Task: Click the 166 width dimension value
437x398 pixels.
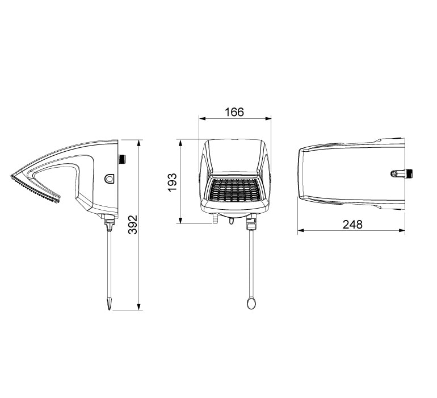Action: click(234, 112)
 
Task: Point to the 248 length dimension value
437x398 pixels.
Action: click(352, 224)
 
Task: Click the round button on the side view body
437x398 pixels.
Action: click(109, 178)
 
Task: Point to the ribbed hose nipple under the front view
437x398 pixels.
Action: click(215, 218)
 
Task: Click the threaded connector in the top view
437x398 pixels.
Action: click(404, 172)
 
